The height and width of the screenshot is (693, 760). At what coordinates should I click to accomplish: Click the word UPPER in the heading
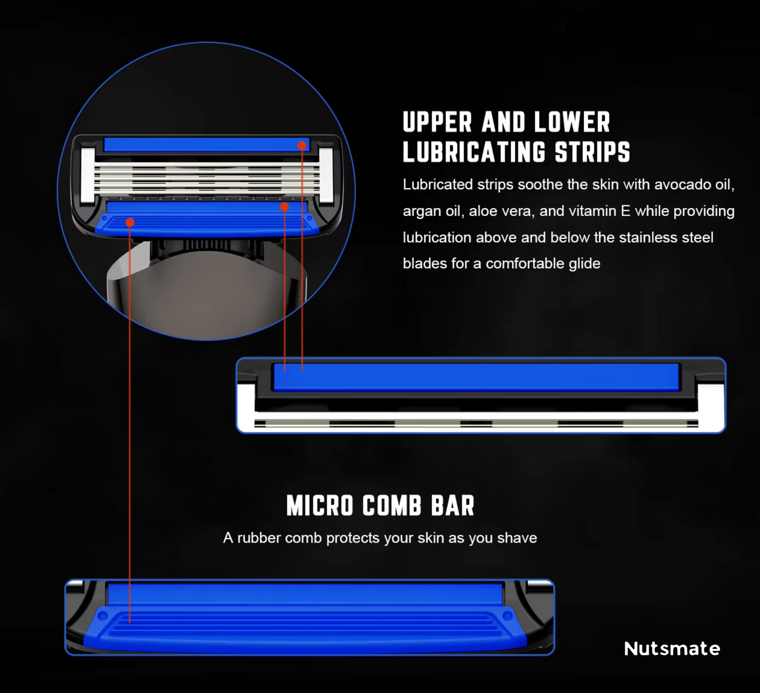[x=437, y=123]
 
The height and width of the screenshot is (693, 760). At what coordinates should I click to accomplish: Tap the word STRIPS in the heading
[x=592, y=152]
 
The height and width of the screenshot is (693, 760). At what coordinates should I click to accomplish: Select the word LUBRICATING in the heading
[x=474, y=152]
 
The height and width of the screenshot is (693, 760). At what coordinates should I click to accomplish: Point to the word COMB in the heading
[x=392, y=506]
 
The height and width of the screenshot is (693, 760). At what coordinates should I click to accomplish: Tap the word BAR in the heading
[x=453, y=506]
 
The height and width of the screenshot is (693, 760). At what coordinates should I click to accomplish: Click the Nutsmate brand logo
[x=672, y=648]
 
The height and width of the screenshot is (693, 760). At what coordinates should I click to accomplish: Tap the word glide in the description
[x=584, y=263]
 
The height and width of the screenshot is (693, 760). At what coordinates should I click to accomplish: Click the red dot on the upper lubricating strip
[x=302, y=146]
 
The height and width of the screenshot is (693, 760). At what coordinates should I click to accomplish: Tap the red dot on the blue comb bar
[x=130, y=222]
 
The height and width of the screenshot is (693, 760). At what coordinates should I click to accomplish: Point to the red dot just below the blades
[x=285, y=207]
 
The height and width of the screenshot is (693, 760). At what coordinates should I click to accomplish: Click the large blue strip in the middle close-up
[x=476, y=377]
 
